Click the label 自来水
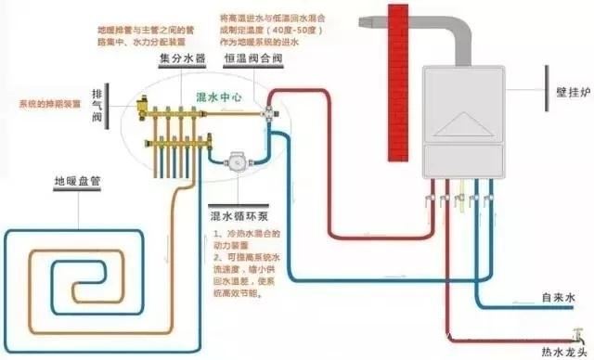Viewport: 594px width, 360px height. click(x=560, y=299)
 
